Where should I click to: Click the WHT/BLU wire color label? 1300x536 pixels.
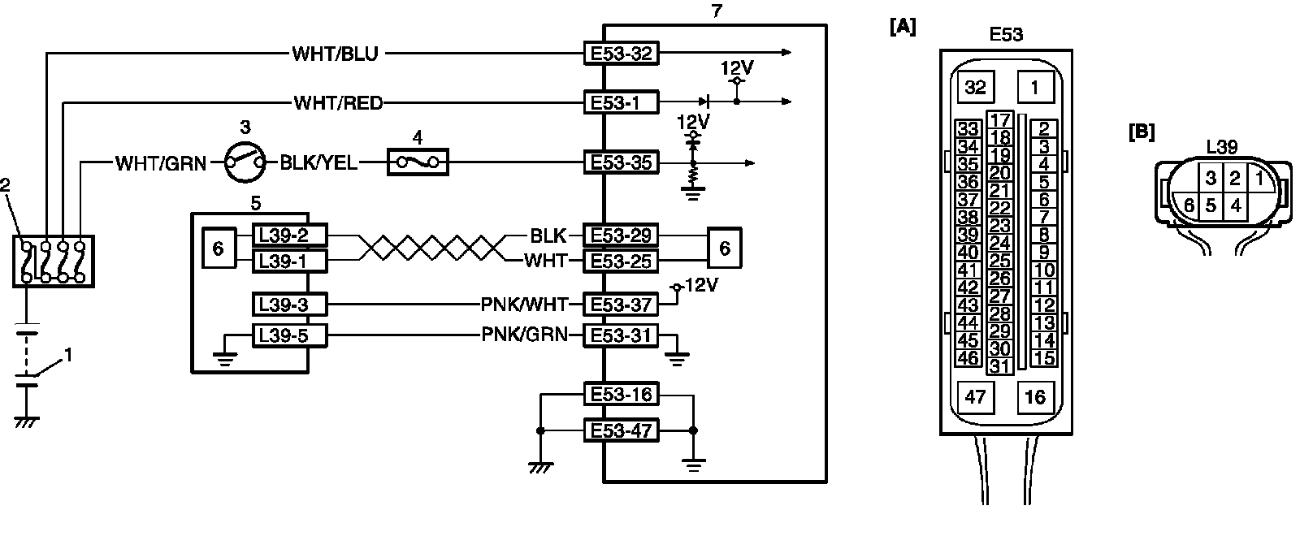click(335, 54)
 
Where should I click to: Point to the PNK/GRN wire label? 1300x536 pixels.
click(524, 335)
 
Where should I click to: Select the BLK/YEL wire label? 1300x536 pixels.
click(318, 163)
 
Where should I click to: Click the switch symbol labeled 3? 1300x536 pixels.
click(245, 162)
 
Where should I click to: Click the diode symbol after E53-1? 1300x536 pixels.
click(706, 102)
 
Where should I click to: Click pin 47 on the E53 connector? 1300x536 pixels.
click(974, 397)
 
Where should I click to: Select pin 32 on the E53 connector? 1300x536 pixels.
click(974, 87)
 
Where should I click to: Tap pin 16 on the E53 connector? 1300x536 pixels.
click(1034, 397)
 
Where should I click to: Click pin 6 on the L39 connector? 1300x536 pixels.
click(1189, 205)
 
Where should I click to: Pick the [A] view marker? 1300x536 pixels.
click(903, 28)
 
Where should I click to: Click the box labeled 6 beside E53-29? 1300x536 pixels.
click(724, 249)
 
